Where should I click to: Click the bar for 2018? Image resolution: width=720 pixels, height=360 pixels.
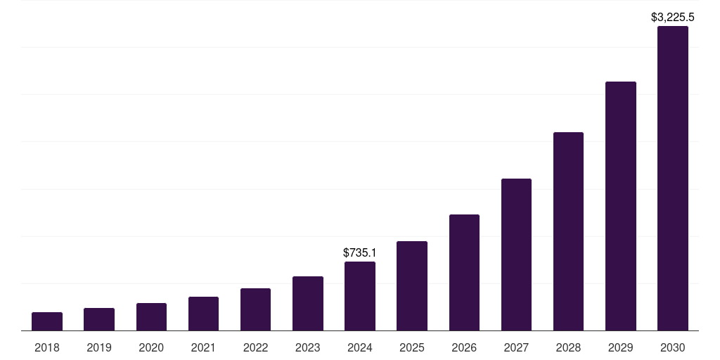[x=47, y=321]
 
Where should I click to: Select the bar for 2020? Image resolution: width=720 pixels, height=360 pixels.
[x=151, y=316]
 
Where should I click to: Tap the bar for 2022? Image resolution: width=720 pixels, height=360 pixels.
[x=255, y=309]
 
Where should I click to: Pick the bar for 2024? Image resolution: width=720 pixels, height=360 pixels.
[x=360, y=296]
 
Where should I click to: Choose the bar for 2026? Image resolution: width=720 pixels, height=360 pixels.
[x=464, y=272]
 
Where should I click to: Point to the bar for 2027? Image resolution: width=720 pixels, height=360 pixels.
[x=516, y=255]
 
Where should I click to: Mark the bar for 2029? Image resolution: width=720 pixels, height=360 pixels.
[x=620, y=206]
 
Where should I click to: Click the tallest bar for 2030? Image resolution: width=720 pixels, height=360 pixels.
[x=672, y=179]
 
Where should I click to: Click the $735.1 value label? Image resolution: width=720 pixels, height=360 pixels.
[x=360, y=252]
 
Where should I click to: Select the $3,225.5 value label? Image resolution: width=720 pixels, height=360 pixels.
[x=673, y=16]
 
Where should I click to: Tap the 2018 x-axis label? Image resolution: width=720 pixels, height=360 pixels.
[x=47, y=347]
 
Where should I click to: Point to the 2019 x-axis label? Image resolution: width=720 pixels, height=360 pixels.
[x=99, y=347]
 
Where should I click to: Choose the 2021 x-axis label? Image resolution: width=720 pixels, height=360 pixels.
[x=203, y=347]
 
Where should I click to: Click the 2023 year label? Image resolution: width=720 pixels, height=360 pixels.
[x=308, y=347]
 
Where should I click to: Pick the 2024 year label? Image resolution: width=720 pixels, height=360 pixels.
[x=360, y=347]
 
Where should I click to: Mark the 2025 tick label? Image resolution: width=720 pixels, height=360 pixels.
[x=412, y=347]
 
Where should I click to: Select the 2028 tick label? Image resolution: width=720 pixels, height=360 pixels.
[x=568, y=347]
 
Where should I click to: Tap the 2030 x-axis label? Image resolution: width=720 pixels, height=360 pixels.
[x=672, y=347]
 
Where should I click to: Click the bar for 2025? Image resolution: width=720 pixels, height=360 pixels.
[x=412, y=285]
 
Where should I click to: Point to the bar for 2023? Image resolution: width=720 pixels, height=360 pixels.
[x=308, y=303]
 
